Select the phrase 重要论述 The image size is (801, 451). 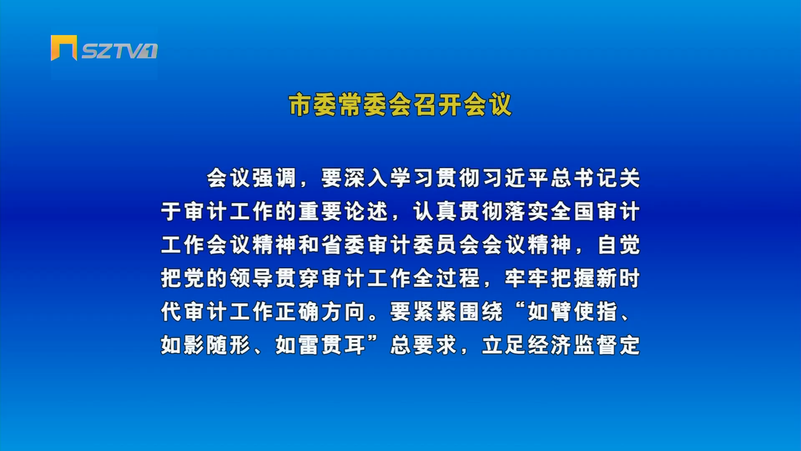343,211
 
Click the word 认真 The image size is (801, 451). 435,211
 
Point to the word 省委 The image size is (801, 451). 343,245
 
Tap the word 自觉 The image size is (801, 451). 619,245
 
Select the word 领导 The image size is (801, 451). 252,278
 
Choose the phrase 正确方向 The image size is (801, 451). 320,312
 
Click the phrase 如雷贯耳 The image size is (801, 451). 320,345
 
